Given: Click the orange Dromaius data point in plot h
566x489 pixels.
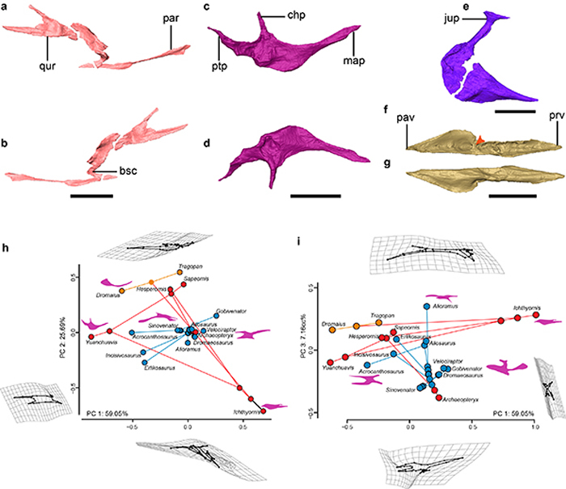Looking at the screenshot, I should [122, 290].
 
